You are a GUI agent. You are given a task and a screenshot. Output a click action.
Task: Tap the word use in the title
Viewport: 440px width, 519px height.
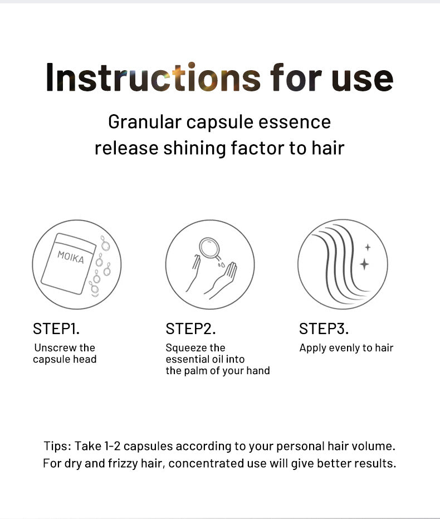(362, 77)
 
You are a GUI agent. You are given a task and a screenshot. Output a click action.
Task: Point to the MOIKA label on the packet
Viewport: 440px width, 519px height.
(71, 257)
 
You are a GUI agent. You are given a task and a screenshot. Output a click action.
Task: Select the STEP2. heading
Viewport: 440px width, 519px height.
(190, 329)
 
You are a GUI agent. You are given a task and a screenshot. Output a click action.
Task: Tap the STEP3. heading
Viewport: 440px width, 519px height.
(324, 329)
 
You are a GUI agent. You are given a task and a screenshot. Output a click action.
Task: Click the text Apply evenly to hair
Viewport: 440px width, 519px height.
(346, 348)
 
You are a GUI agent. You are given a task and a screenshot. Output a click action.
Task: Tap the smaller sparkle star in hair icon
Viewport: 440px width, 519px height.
(367, 247)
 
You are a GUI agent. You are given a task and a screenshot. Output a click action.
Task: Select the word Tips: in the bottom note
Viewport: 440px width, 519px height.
(57, 446)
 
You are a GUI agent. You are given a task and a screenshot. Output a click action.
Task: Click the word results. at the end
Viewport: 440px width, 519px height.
(376, 463)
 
